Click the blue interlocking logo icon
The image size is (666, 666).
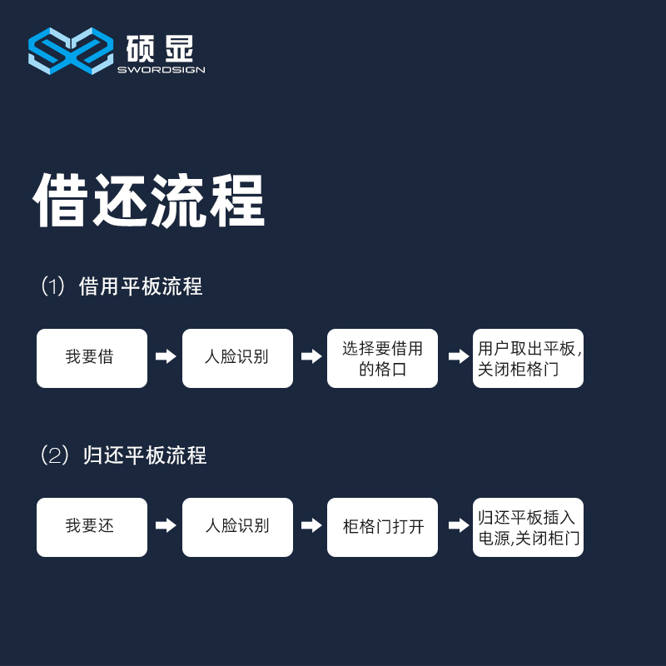coord(71,51)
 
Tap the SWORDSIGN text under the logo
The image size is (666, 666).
coord(162,70)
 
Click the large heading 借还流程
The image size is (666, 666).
coord(149,200)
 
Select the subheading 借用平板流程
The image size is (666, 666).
coord(141,286)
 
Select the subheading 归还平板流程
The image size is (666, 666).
coord(145,455)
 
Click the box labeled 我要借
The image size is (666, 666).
coord(92,358)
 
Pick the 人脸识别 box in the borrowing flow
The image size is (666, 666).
coord(237,358)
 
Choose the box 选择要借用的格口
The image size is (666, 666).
coord(382,358)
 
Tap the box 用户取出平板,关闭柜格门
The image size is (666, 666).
coord(528,358)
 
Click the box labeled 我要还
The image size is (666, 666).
coord(92,527)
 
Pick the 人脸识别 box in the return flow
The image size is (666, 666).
coord(237,527)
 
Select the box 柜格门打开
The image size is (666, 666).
coord(382,527)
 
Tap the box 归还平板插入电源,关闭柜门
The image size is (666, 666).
coord(528,527)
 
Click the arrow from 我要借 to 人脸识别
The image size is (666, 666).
coord(166,356)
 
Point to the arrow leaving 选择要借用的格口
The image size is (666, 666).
coord(459,356)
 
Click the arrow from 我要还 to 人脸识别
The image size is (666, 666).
coord(166,525)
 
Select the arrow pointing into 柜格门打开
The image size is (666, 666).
coord(311,525)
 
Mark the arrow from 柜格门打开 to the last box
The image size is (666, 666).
coord(459,525)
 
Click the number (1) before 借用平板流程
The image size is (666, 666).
coord(53,286)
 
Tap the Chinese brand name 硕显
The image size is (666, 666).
coord(160,48)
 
